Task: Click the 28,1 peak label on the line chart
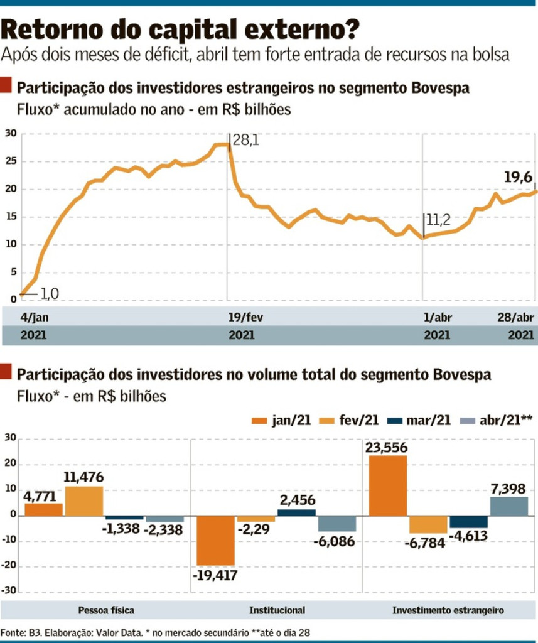click(245, 140)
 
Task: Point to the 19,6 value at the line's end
click(519, 178)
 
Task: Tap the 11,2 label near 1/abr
click(439, 220)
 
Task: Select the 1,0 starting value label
click(50, 293)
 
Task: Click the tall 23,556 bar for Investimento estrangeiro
click(387, 485)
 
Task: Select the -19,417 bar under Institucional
click(216, 540)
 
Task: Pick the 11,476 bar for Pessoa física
click(83, 500)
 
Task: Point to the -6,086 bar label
click(336, 541)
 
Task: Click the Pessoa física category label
click(106, 610)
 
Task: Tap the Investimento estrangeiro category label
click(448, 610)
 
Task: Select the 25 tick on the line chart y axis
click(11, 161)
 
